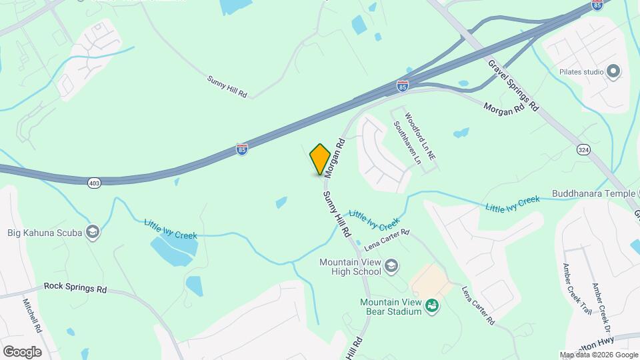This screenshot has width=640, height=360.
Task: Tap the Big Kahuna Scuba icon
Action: pyautogui.click(x=93, y=231)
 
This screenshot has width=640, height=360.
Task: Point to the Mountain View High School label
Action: pyautogui.click(x=350, y=267)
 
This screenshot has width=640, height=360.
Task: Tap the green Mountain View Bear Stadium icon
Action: pyautogui.click(x=432, y=305)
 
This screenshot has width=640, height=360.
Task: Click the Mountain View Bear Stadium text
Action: pyautogui.click(x=391, y=307)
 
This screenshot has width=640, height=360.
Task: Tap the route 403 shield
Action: pyautogui.click(x=93, y=181)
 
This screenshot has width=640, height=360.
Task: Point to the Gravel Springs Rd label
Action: pyautogui.click(x=513, y=85)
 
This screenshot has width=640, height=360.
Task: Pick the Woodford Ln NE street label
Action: pyautogui.click(x=420, y=136)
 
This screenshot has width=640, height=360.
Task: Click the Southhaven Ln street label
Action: pyautogui.click(x=407, y=143)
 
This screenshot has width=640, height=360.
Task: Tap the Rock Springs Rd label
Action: pyautogui.click(x=75, y=287)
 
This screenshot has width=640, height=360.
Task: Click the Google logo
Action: pyautogui.click(x=22, y=351)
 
